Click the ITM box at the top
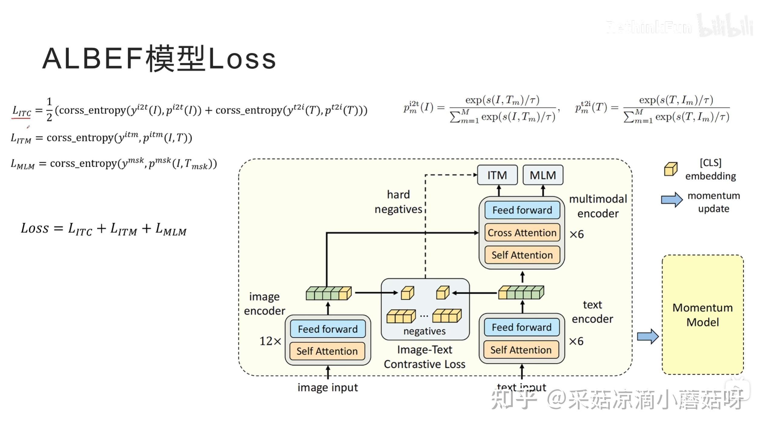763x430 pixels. (x=497, y=175)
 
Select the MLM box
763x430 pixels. (x=543, y=175)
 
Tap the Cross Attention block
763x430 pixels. (x=522, y=233)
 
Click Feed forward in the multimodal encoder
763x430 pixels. (x=522, y=210)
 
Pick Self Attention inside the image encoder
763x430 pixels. (x=327, y=351)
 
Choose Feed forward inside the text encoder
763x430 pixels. (x=521, y=327)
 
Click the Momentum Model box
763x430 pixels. (x=702, y=315)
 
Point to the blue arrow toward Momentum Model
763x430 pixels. (x=648, y=336)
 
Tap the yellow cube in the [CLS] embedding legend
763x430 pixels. (x=670, y=169)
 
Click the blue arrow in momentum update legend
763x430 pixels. (x=672, y=200)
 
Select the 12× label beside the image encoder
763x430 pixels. (x=270, y=341)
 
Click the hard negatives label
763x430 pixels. (x=398, y=202)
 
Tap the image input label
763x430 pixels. (x=328, y=387)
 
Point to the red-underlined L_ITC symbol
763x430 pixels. (x=21, y=111)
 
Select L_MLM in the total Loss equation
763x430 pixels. (x=171, y=230)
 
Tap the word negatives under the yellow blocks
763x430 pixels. (x=424, y=331)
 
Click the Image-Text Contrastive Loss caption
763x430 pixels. (x=424, y=357)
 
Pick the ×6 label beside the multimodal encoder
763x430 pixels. (x=576, y=234)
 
